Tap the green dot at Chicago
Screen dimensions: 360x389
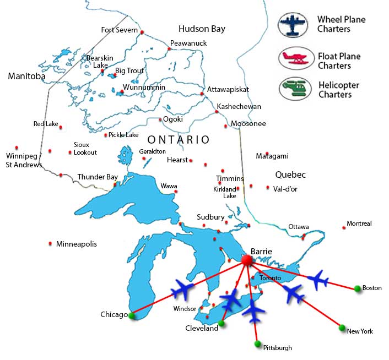point(131,315)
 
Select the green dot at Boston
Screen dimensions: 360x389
point(358,288)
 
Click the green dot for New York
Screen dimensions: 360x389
point(342,327)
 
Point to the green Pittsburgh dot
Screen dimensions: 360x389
point(257,344)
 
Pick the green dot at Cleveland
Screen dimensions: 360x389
point(221,323)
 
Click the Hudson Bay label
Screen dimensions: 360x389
point(202,29)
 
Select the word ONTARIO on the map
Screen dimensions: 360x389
point(179,140)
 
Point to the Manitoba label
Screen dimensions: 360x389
point(26,77)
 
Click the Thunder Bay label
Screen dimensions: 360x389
point(98,177)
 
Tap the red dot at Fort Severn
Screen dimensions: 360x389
point(142,33)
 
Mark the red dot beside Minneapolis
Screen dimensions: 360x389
point(51,243)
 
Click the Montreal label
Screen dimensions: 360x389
point(359,223)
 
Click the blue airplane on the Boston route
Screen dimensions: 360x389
point(318,280)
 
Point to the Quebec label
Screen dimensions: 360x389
point(290,174)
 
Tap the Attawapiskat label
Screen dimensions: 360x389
point(228,89)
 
